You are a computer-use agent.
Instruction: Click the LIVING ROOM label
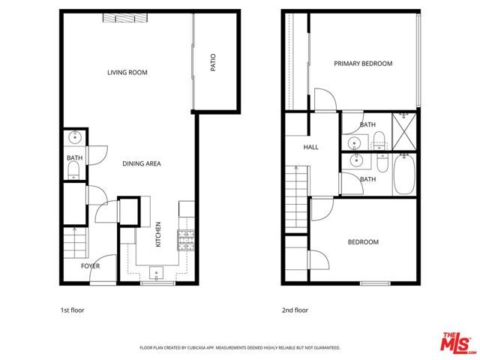pyautogui.click(x=127, y=73)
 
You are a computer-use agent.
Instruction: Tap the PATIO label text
pyautogui.click(x=213, y=61)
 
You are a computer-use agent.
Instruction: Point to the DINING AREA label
pyautogui.click(x=142, y=163)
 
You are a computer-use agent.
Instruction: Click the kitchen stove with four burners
pyautogui.click(x=184, y=240)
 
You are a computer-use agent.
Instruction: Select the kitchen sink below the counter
pyautogui.click(x=157, y=272)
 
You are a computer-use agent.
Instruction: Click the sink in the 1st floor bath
pyautogui.click(x=74, y=138)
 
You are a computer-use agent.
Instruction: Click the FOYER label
pyautogui.click(x=89, y=265)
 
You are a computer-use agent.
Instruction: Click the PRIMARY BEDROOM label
pyautogui.click(x=363, y=64)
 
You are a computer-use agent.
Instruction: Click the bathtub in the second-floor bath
pyautogui.click(x=404, y=175)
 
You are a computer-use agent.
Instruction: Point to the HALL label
pyautogui.click(x=311, y=147)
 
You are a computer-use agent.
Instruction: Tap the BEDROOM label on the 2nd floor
pyautogui.click(x=363, y=242)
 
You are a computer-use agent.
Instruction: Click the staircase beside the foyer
pyautogui.click(x=74, y=242)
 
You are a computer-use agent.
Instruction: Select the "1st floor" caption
pyautogui.click(x=72, y=310)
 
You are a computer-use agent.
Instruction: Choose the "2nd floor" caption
pyautogui.click(x=295, y=310)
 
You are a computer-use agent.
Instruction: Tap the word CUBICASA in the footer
pyautogui.click(x=205, y=348)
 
